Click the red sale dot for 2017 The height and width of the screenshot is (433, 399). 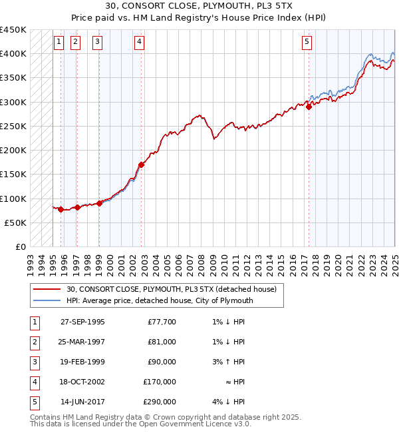click(x=309, y=107)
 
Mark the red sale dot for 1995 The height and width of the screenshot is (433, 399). click(x=61, y=209)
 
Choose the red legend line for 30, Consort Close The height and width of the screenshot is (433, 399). click(x=47, y=289)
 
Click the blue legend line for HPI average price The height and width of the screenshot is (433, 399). click(x=47, y=300)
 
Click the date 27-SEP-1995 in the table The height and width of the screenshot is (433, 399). click(x=82, y=322)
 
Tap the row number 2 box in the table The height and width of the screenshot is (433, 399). click(x=34, y=342)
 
